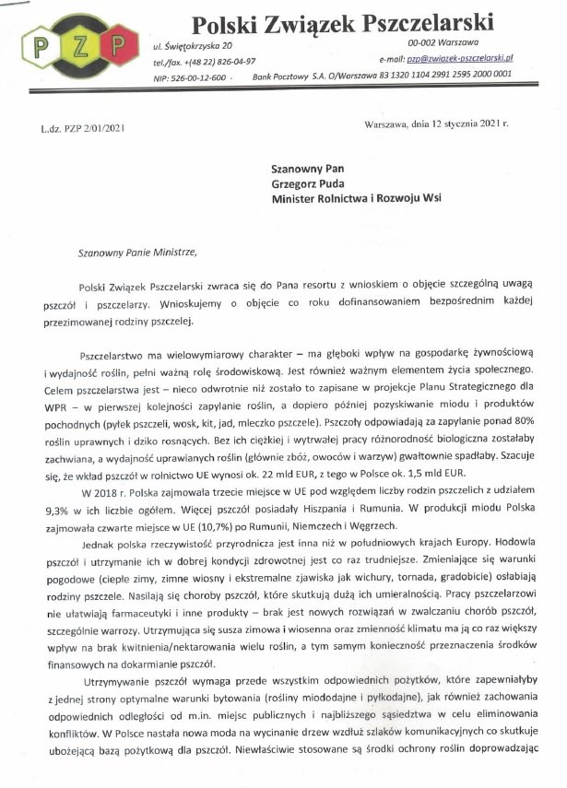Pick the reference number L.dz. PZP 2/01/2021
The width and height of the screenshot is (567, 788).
point(82,127)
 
